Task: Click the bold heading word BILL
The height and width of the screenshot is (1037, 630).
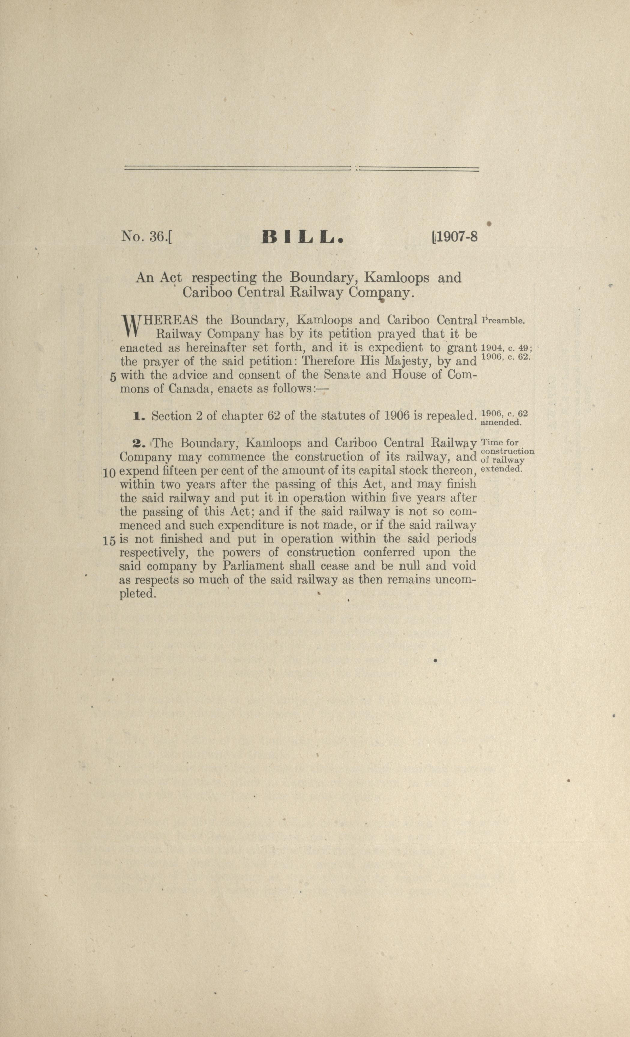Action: [303, 238]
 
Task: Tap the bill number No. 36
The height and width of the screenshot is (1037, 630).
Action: [145, 237]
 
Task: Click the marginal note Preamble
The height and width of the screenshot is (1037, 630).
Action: [503, 320]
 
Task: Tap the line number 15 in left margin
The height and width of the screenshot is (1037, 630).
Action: [109, 541]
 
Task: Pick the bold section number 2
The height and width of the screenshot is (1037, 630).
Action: [138, 443]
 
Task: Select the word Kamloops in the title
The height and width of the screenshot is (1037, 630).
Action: [397, 278]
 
